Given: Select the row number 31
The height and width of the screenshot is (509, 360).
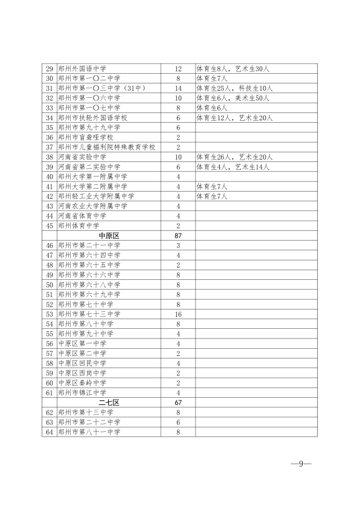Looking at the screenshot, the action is pyautogui.click(x=50, y=88).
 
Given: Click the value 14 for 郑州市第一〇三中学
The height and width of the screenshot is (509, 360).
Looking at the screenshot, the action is pyautogui.click(x=178, y=88).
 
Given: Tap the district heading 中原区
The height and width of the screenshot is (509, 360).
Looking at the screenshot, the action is pyautogui.click(x=108, y=235).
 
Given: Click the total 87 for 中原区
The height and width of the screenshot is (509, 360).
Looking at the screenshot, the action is pyautogui.click(x=178, y=235).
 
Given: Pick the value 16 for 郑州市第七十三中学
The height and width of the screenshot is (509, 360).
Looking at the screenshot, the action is pyautogui.click(x=178, y=314).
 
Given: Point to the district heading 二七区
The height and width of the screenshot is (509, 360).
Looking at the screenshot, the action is pyautogui.click(x=108, y=402).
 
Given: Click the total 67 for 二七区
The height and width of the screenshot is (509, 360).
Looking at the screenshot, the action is pyautogui.click(x=178, y=402).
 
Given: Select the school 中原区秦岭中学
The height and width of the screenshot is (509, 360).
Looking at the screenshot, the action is pyautogui.click(x=82, y=383).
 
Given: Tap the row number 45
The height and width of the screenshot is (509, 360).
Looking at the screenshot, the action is pyautogui.click(x=50, y=225).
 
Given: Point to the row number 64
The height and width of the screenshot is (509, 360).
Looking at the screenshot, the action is pyautogui.click(x=50, y=432).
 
